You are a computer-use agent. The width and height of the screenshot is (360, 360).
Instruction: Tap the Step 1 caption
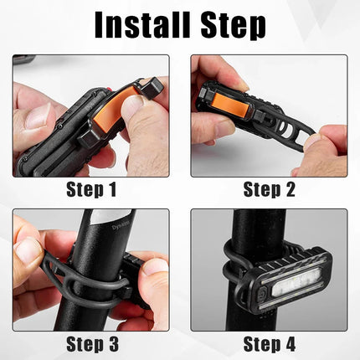coord(91,190)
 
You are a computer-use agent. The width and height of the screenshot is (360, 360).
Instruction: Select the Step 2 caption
coord(269,190)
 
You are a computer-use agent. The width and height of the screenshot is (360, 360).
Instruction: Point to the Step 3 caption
coord(91,343)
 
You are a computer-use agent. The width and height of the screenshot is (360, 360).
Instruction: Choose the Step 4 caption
coord(269,343)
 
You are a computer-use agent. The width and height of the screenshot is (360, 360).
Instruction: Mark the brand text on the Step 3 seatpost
coord(102,226)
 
